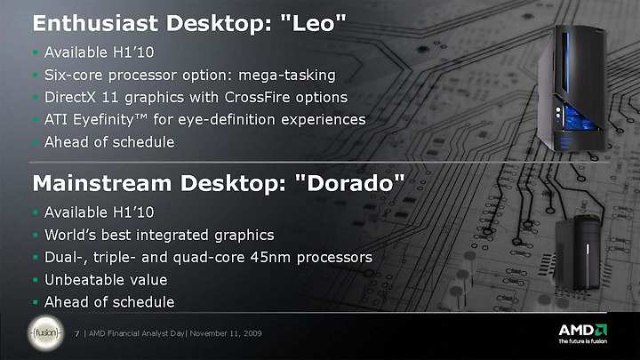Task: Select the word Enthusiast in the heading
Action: pyautogui.click(x=95, y=23)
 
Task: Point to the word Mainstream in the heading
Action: pyautogui.click(x=101, y=183)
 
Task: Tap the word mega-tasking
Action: pyautogui.click(x=287, y=76)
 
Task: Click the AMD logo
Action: pyautogui.click(x=583, y=330)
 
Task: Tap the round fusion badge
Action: pyautogui.click(x=45, y=333)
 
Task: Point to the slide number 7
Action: pyautogui.click(x=76, y=333)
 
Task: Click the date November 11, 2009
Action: pyautogui.click(x=226, y=333)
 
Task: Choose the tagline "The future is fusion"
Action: pyautogui.click(x=583, y=341)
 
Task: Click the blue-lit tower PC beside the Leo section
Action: pyautogui.click(x=572, y=88)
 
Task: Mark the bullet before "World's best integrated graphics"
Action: pyautogui.click(x=36, y=235)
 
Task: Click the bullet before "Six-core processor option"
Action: pyautogui.click(x=36, y=75)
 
